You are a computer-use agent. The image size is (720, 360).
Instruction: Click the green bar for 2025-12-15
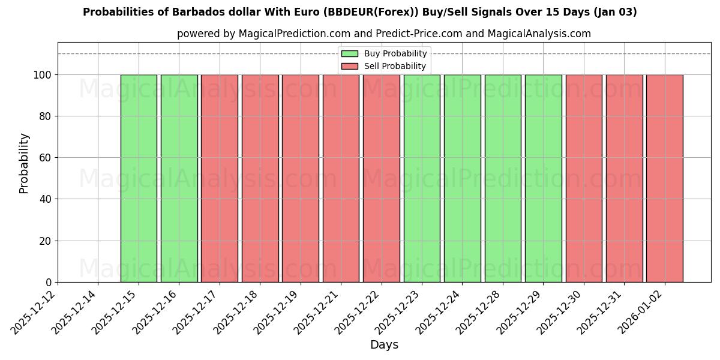point(139,178)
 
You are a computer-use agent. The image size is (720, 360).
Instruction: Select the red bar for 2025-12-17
point(220,178)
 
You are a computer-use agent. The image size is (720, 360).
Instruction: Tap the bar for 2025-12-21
point(341,178)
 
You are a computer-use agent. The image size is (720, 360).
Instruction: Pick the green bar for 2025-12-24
point(462,178)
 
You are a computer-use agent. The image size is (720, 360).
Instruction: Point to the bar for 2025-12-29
point(543,178)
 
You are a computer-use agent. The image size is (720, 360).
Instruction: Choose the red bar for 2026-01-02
point(664,178)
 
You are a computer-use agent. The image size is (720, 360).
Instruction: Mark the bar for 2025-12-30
point(584,178)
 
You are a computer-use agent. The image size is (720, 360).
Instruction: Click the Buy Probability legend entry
point(395,53)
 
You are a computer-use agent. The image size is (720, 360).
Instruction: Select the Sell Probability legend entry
point(395,66)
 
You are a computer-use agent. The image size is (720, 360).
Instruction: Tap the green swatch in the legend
point(350,53)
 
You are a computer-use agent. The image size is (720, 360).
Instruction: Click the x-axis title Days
point(384,345)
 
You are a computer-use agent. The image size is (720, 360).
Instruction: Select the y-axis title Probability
point(24,163)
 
